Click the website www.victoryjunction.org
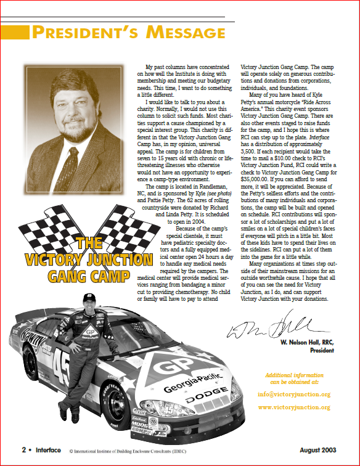click(293, 407)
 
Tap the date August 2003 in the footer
click(321, 451)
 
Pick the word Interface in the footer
click(48, 451)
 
